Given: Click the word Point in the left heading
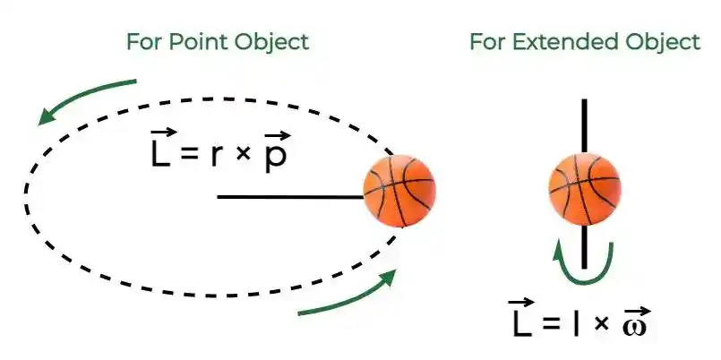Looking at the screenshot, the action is pyautogui.click(x=199, y=42).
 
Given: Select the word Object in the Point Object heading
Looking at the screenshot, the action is pyautogui.click(x=271, y=43).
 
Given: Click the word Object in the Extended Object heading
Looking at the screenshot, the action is pyautogui.click(x=663, y=43).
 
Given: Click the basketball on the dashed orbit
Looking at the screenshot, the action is pyautogui.click(x=399, y=191).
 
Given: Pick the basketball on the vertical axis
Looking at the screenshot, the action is pyautogui.click(x=585, y=190).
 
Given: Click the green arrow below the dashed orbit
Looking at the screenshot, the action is pyautogui.click(x=348, y=296).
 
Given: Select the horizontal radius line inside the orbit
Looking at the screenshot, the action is pyautogui.click(x=290, y=197).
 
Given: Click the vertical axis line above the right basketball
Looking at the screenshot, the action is pyautogui.click(x=585, y=126).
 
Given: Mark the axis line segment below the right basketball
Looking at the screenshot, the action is pyautogui.click(x=585, y=247).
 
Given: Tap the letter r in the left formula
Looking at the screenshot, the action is pyautogui.click(x=216, y=157).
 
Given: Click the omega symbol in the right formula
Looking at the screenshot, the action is pyautogui.click(x=634, y=325).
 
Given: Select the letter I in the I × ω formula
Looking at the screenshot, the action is pyautogui.click(x=576, y=324).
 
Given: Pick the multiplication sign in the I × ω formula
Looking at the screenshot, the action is pyautogui.click(x=600, y=324).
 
